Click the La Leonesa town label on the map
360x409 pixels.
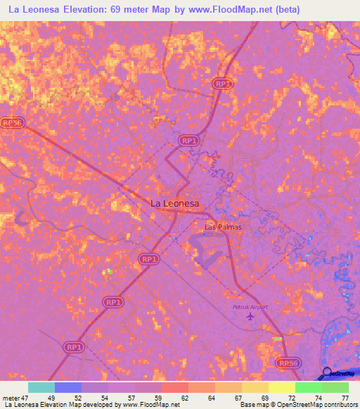point(175,203)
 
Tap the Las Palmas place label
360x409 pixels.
point(223,227)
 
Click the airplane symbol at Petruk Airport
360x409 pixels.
point(250,318)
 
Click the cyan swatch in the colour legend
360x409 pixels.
point(41,387)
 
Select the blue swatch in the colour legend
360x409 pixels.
point(68,387)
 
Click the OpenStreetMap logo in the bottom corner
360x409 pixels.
point(338,374)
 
